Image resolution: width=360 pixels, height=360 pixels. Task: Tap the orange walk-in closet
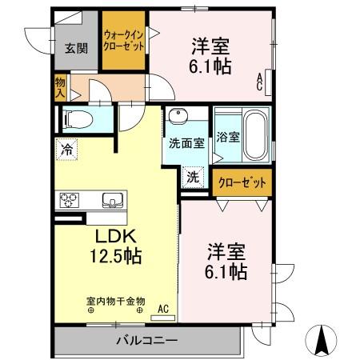[124, 41]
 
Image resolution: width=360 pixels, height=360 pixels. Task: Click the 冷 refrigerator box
[66, 148]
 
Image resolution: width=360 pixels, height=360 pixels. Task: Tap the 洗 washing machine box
[194, 177]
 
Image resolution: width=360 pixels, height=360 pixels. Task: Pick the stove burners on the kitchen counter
[67, 199]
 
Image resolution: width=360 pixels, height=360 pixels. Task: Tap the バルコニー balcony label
[146, 342]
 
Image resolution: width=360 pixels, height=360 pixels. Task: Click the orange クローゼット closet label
[242, 182]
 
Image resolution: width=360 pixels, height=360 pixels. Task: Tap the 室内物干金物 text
[116, 302]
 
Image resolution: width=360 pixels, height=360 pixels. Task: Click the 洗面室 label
[186, 142]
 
